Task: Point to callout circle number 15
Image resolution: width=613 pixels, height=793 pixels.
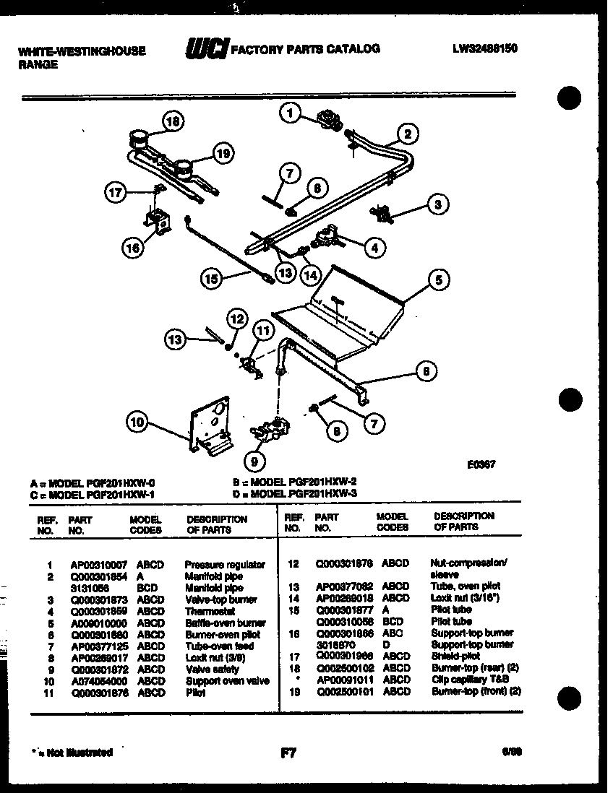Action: click(210, 279)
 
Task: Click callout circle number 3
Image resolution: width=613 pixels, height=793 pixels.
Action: click(435, 204)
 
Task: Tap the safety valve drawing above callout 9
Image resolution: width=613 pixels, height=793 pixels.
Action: click(269, 430)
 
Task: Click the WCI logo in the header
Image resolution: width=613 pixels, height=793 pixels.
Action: click(207, 49)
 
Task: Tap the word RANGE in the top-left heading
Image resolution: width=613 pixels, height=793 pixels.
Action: click(38, 64)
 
